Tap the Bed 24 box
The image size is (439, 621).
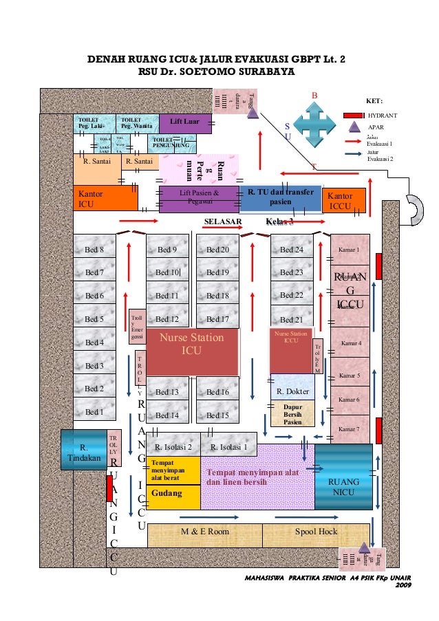(x=292, y=249)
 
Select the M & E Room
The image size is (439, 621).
(x=205, y=532)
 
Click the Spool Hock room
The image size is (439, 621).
(x=316, y=532)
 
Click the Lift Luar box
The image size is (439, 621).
(x=184, y=122)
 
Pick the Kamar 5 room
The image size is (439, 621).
(x=350, y=377)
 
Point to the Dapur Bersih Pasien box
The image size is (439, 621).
(x=292, y=413)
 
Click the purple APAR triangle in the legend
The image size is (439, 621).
(x=354, y=127)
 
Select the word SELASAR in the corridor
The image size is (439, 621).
(x=222, y=221)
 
